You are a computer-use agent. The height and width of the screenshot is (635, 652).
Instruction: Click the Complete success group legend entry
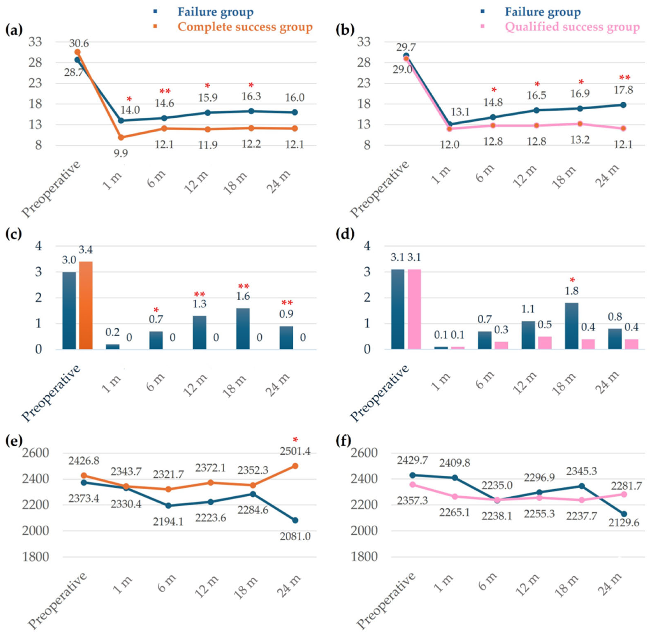tap(245, 27)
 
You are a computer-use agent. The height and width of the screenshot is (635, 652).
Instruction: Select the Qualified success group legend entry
tap(572, 27)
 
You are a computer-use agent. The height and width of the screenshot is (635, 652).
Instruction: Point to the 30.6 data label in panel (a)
tap(79, 43)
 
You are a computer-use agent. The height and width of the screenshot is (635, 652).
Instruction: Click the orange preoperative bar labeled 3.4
tap(86, 305)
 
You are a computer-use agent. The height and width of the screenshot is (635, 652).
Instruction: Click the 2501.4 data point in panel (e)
tap(295, 466)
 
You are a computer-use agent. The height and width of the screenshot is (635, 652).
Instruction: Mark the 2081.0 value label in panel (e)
tap(295, 536)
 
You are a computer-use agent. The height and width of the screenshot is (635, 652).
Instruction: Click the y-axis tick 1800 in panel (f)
tap(364, 557)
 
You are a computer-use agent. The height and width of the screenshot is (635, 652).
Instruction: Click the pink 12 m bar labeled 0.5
tap(545, 343)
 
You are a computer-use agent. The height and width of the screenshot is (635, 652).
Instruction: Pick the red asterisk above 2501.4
tap(295, 440)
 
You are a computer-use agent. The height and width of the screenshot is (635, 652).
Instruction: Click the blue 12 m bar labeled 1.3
tap(199, 332)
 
